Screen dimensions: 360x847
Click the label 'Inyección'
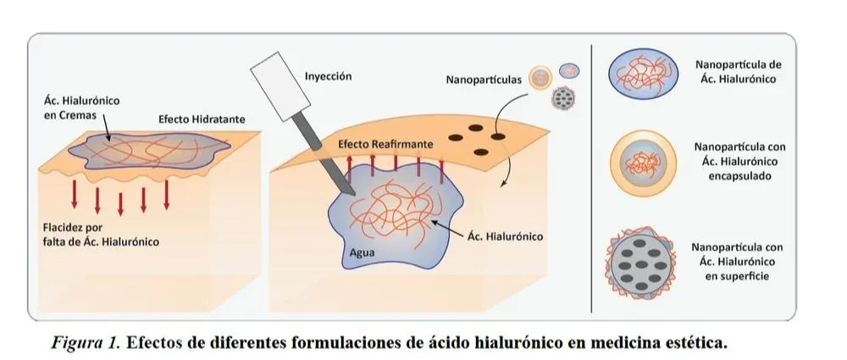pyautogui.click(x=328, y=76)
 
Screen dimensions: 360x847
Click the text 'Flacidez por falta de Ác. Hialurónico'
pyautogui.click(x=100, y=235)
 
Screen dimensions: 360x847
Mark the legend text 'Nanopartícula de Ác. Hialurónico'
pyautogui.click(x=734, y=71)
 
